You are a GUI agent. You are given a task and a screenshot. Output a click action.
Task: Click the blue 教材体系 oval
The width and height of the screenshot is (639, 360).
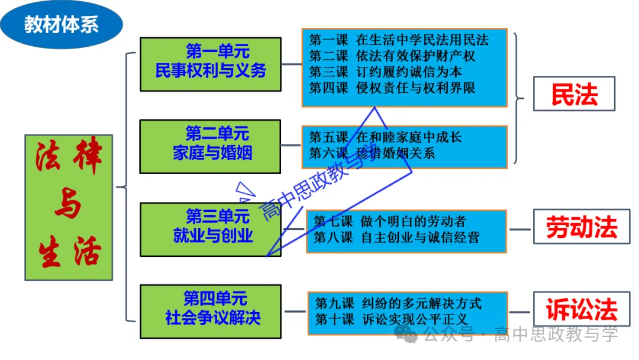click(x=62, y=25)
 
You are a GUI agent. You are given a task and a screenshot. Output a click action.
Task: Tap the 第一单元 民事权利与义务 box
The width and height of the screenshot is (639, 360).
click(x=210, y=64)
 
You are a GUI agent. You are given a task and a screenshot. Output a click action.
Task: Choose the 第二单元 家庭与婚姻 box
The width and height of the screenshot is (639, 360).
click(x=210, y=146)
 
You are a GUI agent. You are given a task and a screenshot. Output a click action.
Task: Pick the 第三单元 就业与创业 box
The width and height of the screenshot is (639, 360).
click(x=210, y=229)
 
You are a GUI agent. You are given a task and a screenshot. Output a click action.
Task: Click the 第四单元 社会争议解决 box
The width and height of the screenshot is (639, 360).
click(x=210, y=311)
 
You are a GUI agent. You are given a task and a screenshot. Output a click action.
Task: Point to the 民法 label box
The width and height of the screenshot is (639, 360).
click(x=574, y=94)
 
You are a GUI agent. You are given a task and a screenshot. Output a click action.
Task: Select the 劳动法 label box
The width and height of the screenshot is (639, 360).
click(x=581, y=227)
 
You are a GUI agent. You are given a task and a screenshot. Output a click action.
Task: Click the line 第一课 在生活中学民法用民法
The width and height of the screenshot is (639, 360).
click(x=399, y=40)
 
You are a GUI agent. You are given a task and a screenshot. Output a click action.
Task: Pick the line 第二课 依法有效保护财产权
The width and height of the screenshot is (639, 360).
click(x=392, y=56)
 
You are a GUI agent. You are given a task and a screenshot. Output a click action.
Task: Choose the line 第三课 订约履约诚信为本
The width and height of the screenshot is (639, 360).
click(x=385, y=72)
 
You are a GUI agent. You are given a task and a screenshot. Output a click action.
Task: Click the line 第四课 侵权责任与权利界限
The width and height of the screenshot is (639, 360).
click(x=392, y=88)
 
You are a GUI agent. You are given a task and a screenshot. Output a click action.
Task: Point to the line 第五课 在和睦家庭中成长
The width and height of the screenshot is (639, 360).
click(x=385, y=137)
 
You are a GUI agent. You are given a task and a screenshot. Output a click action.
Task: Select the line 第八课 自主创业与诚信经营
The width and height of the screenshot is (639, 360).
click(x=396, y=237)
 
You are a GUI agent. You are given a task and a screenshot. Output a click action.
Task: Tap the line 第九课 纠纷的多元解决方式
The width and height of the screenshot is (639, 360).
click(x=398, y=304)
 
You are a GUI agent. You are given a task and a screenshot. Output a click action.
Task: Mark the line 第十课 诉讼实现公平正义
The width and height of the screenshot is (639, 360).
click(x=390, y=320)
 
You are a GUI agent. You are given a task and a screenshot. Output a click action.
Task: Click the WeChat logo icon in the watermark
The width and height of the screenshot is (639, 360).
click(x=409, y=335)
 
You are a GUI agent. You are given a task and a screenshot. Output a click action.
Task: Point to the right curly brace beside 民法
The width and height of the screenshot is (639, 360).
click(x=519, y=98)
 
